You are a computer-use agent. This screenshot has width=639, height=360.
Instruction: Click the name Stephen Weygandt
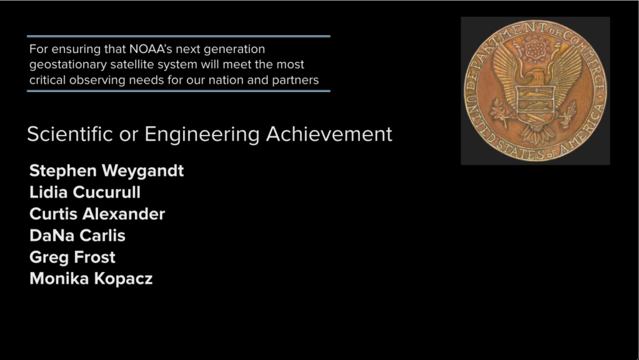click(x=106, y=171)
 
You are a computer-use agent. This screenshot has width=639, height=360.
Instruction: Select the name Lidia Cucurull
click(x=85, y=192)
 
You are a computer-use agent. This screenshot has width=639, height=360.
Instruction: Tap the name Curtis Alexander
click(x=97, y=214)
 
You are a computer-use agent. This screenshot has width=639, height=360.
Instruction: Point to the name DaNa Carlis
click(x=77, y=236)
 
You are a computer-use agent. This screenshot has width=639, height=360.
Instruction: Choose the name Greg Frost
click(x=72, y=257)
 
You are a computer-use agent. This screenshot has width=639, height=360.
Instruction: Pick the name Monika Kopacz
click(x=91, y=279)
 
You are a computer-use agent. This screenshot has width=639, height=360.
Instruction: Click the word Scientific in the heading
click(x=70, y=134)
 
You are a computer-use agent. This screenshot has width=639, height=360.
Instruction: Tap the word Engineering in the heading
click(x=202, y=134)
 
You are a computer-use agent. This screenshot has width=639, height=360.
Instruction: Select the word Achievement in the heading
click(x=329, y=134)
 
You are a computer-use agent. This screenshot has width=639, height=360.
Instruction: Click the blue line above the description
click(x=179, y=36)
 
